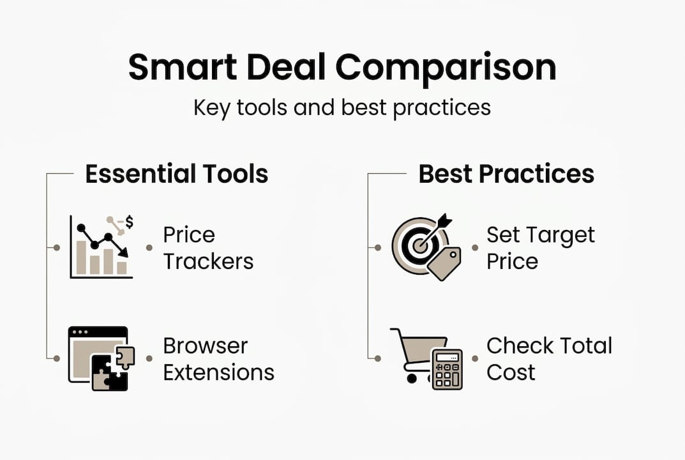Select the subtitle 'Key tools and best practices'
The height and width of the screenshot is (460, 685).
342,107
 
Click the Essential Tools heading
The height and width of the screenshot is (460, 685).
177,174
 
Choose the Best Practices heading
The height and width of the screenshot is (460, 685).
506,174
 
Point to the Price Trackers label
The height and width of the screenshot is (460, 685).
208,248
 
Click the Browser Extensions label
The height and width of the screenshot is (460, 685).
218,358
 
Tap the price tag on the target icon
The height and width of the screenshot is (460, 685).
444,263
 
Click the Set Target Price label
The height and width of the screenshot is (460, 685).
540,248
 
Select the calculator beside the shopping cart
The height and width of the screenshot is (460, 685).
447,369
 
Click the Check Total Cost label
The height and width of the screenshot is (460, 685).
549,358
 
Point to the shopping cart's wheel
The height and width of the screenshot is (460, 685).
412,378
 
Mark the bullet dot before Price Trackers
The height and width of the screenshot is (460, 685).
149,248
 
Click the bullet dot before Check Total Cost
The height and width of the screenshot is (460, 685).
474,358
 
